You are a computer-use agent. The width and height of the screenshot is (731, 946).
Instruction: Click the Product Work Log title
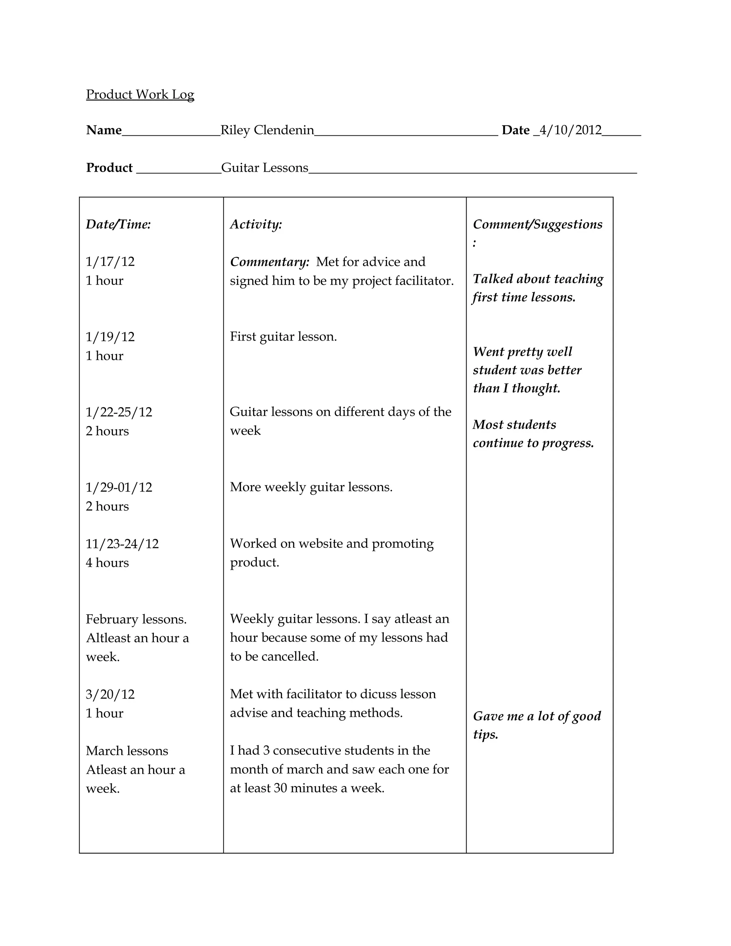pyautogui.click(x=140, y=95)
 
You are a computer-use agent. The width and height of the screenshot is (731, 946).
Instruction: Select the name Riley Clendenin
pyautogui.click(x=267, y=130)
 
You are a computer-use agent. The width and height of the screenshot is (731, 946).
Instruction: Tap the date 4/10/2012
pyautogui.click(x=570, y=130)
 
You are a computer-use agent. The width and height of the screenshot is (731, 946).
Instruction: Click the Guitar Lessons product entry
pyautogui.click(x=264, y=168)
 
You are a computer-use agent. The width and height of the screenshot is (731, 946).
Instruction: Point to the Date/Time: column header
pyautogui.click(x=118, y=225)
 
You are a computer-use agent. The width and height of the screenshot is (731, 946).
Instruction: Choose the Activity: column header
pyautogui.click(x=256, y=225)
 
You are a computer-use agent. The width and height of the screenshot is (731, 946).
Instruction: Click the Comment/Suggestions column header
pyautogui.click(x=538, y=225)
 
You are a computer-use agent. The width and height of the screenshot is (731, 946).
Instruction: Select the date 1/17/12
pyautogui.click(x=110, y=262)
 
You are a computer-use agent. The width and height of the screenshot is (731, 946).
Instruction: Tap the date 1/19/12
pyautogui.click(x=110, y=337)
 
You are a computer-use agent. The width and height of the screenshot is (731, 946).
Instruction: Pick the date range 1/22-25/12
pyautogui.click(x=119, y=412)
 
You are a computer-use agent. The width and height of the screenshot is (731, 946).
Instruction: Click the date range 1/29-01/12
pyautogui.click(x=119, y=487)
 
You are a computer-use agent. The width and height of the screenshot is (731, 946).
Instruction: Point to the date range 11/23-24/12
pyautogui.click(x=122, y=544)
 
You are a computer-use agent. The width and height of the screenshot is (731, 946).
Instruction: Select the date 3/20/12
pyautogui.click(x=110, y=694)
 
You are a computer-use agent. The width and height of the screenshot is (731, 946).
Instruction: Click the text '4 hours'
pyautogui.click(x=107, y=563)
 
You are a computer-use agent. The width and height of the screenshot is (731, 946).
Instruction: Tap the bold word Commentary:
pyautogui.click(x=269, y=262)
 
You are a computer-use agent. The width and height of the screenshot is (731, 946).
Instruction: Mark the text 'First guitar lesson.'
pyautogui.click(x=283, y=337)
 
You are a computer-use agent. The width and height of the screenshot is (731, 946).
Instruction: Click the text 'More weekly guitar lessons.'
pyautogui.click(x=311, y=487)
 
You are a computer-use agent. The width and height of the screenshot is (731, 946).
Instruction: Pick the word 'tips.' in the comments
pyautogui.click(x=485, y=735)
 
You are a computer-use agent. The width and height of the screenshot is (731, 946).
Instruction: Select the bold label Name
pyautogui.click(x=104, y=130)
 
